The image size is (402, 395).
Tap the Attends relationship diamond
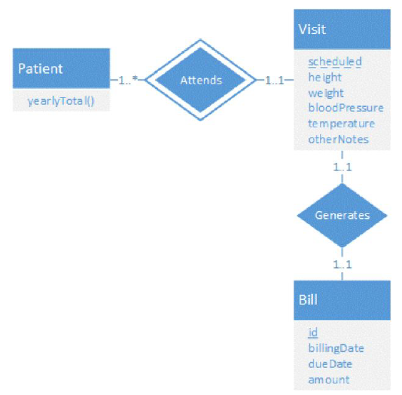coord(200,78)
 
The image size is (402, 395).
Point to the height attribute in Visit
coord(324,77)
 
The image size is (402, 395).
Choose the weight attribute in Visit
coord(326,93)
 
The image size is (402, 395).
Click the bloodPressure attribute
coord(346,109)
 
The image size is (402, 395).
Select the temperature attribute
coord(341,124)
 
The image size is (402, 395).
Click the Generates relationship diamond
coord(342,215)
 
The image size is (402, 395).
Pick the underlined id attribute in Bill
coord(313,332)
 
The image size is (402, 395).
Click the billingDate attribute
coord(337,348)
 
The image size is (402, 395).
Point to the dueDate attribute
coord(330,364)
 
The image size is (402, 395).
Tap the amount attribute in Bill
coord(329,380)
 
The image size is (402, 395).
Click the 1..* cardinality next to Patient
coord(129,78)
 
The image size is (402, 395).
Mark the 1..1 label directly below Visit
coord(343,167)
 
